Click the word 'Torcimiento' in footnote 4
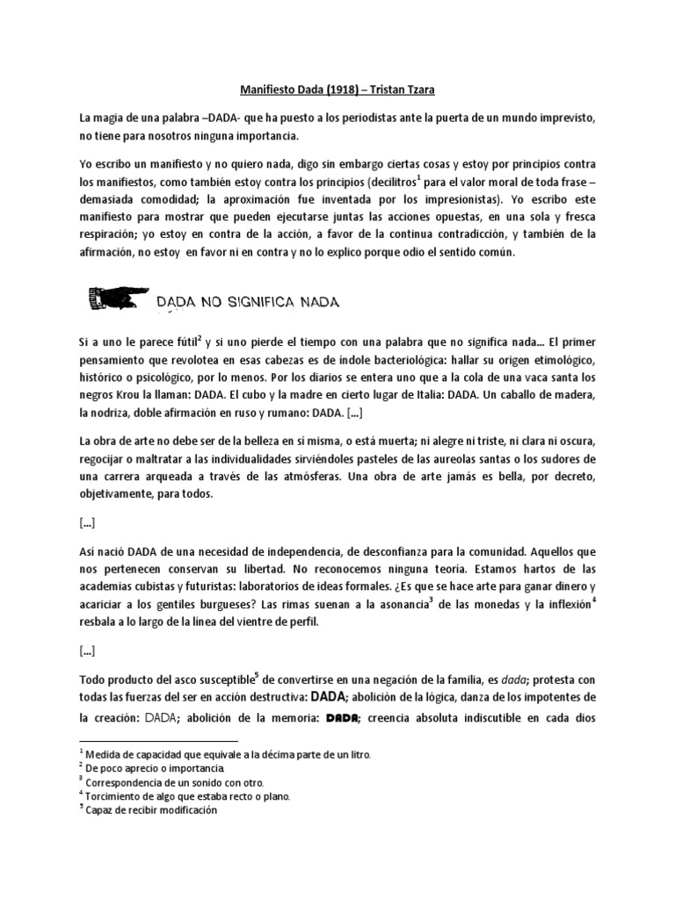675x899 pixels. (x=117, y=796)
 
